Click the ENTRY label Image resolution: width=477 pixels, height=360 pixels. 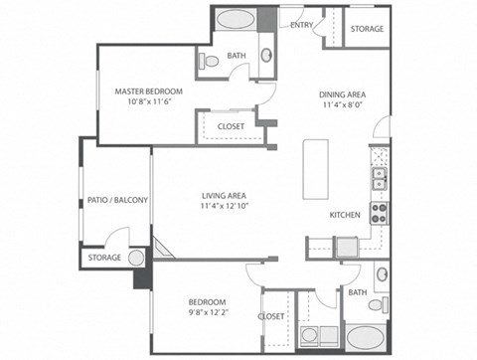coord(302,25)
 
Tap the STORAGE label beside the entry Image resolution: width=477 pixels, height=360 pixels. coord(368,29)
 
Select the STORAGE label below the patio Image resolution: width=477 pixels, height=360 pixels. coord(104,258)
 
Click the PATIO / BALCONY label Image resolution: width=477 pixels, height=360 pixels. coord(117,200)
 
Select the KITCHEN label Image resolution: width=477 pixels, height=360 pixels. coord(345,215)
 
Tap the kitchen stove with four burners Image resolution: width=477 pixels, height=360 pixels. coord(379,212)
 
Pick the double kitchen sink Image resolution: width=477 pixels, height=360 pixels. coord(379,178)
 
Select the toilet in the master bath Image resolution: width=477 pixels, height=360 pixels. coord(209,62)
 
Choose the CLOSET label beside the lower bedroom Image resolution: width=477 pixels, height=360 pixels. coord(271,316)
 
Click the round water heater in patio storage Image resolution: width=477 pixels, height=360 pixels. coord(136,258)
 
